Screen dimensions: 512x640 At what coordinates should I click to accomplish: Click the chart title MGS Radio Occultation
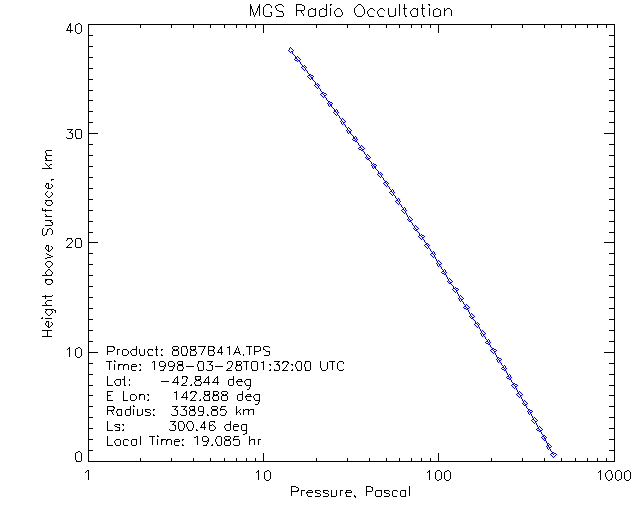350,11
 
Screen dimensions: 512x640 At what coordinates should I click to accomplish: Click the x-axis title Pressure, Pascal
350,492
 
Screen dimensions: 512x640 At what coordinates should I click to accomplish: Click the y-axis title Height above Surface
48,245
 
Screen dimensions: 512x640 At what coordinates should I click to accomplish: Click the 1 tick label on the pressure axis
89,474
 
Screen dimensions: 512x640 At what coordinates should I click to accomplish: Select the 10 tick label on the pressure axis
263,474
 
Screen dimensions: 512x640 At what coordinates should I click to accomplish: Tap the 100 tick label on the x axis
438,474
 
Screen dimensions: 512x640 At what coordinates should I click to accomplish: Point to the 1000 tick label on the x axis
611,474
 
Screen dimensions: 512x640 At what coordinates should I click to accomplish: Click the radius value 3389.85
198,411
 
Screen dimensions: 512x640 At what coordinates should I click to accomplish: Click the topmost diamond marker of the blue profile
291,50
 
